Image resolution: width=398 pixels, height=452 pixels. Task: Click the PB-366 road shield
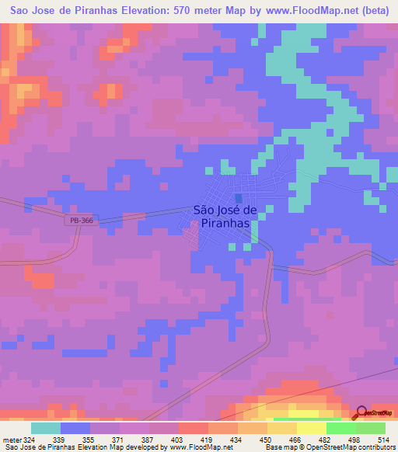75,221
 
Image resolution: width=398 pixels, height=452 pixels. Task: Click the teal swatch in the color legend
46,428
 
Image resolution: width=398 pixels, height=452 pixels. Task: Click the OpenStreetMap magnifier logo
362,413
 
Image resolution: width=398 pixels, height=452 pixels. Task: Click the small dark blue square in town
238,198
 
